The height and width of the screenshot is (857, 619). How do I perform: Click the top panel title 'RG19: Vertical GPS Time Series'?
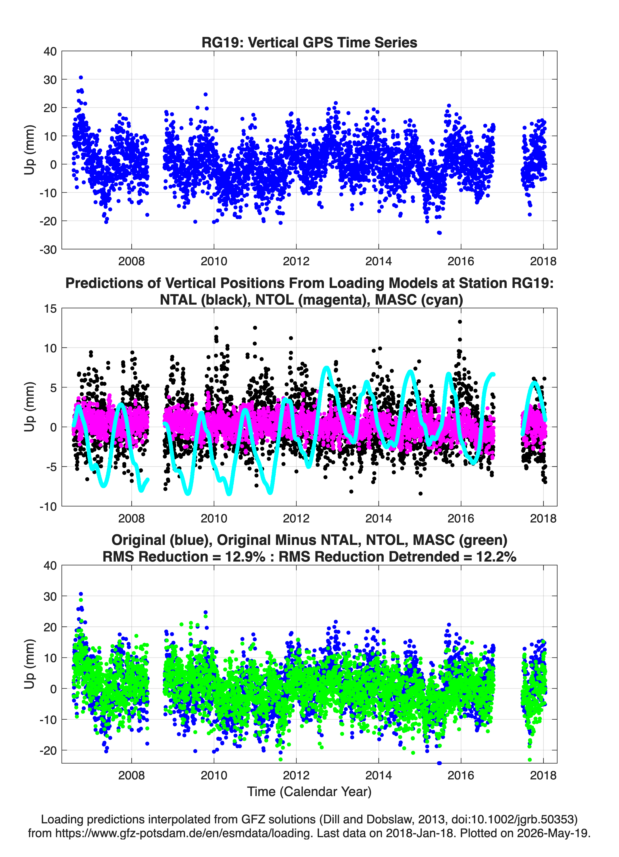[x=309, y=42]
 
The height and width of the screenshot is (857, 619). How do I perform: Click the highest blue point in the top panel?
[x=80, y=78]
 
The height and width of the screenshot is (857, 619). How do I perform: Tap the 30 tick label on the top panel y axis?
[x=50, y=80]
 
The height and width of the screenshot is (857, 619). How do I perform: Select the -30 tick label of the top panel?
[x=48, y=249]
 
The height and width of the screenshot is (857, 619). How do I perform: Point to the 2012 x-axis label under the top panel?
[x=296, y=261]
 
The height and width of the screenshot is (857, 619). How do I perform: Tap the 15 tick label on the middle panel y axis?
[x=50, y=309]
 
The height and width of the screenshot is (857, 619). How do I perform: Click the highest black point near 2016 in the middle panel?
[x=460, y=322]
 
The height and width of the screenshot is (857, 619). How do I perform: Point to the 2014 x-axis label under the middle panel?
[x=379, y=518]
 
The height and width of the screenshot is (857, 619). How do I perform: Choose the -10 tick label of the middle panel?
[x=48, y=507]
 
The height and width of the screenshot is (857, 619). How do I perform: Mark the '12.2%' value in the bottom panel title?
[x=496, y=557]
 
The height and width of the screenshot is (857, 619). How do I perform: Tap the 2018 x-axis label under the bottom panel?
[x=543, y=775]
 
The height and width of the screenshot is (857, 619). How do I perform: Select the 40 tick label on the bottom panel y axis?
[x=50, y=566]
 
